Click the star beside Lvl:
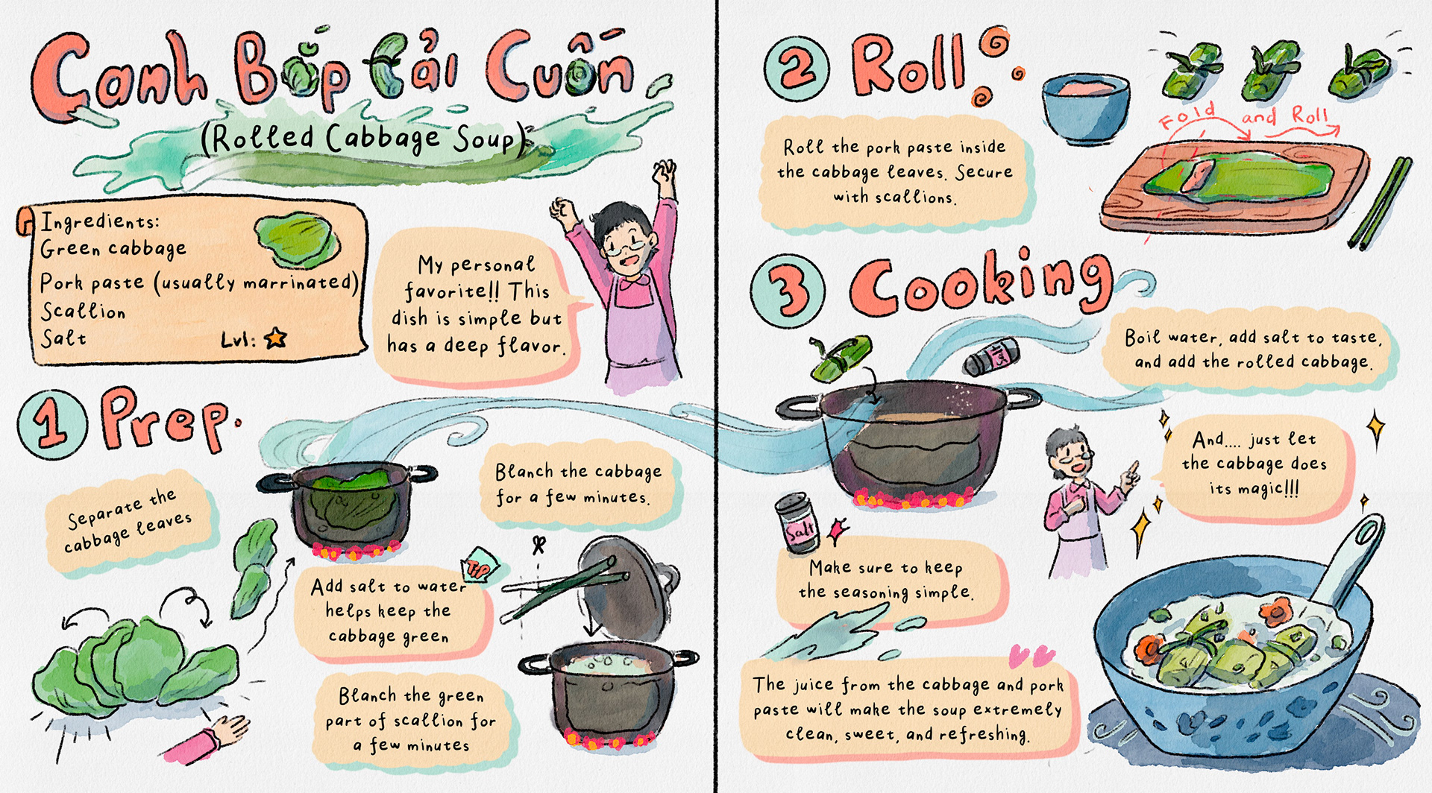click(x=276, y=338)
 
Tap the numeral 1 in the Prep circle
click(x=51, y=424)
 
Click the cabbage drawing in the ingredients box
click(x=297, y=240)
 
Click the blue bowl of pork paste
click(x=1084, y=109)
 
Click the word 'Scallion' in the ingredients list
click(x=83, y=310)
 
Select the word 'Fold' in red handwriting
click(x=1188, y=116)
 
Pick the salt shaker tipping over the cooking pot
click(x=991, y=356)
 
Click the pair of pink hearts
click(x=1031, y=657)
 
